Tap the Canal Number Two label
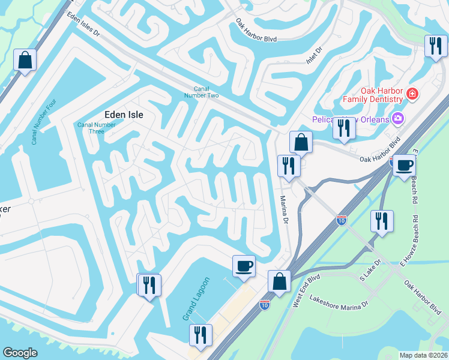[x=206, y=92]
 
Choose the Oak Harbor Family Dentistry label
[x=372, y=95]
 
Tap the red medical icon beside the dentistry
[x=412, y=94]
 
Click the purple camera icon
[x=397, y=118]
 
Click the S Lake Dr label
[x=370, y=270]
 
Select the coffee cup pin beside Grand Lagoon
[x=244, y=266]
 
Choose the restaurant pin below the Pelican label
[x=343, y=128]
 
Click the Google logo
[x=20, y=353]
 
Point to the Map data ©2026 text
[x=423, y=355]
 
